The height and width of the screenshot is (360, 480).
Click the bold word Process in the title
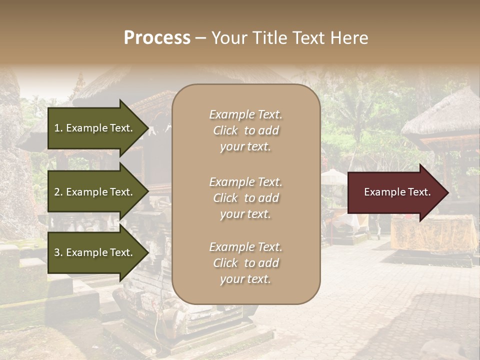tap(157, 38)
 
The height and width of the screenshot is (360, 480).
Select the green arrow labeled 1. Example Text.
tap(95, 128)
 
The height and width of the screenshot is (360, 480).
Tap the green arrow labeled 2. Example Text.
tap(95, 192)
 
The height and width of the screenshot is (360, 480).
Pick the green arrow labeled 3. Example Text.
tap(95, 252)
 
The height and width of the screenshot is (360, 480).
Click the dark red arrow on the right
tap(395, 192)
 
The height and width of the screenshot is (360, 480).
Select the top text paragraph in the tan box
tap(245, 130)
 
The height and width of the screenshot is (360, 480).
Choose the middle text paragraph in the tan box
tap(245, 198)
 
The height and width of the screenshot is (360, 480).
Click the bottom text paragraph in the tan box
tap(245, 263)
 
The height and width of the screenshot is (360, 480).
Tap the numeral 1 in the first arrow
tap(57, 128)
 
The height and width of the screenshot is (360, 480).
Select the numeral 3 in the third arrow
tap(57, 252)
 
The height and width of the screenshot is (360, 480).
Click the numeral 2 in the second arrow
tap(57, 192)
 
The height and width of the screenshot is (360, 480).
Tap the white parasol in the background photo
tap(333, 176)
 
